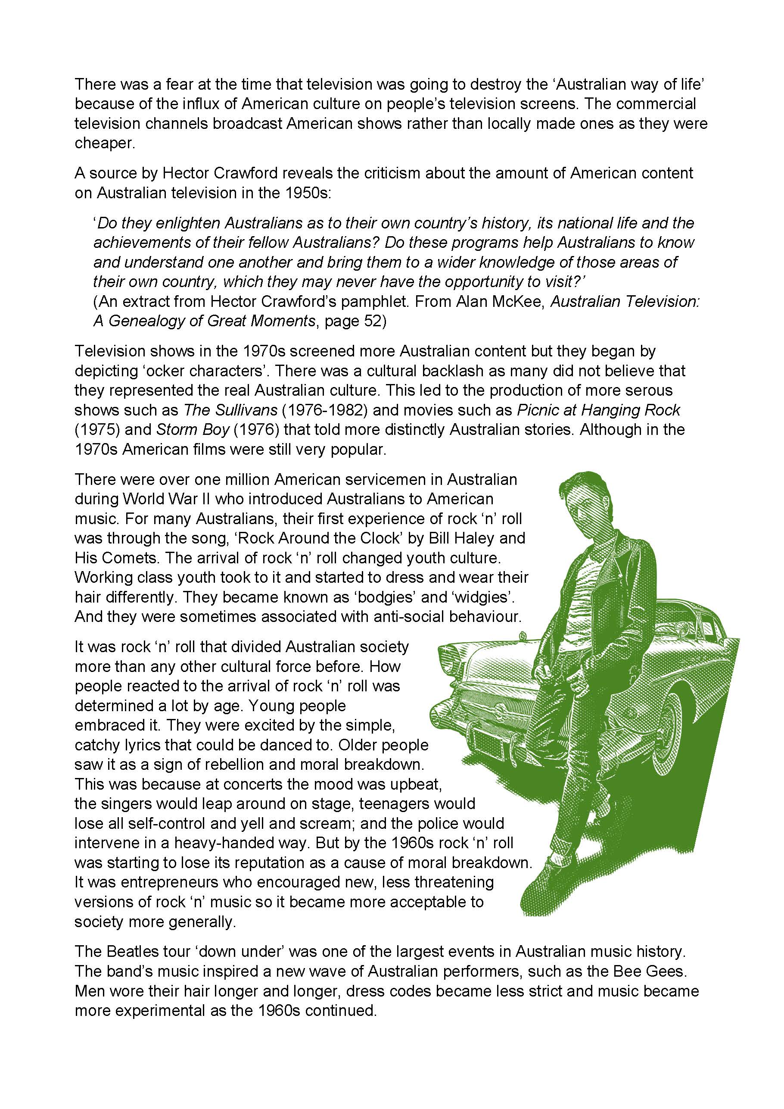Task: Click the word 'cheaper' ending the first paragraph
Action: tap(103, 144)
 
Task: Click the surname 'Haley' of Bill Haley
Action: tap(469, 538)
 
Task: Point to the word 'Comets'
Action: tap(129, 558)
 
